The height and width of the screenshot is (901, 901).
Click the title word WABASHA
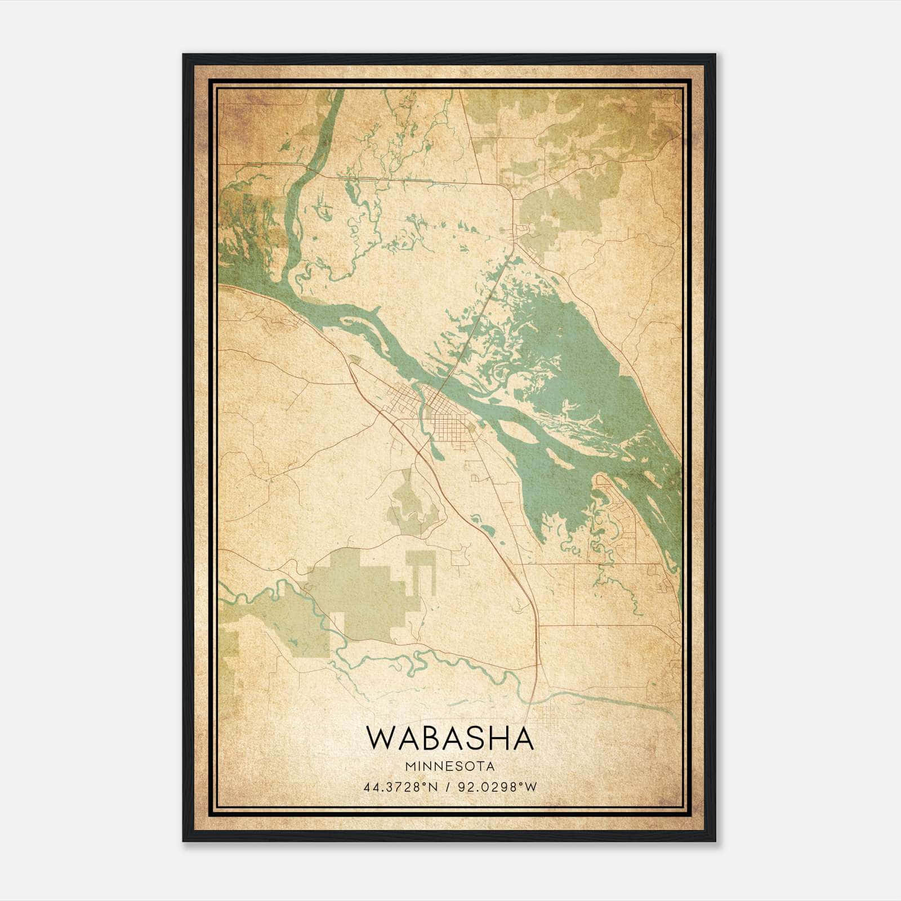(x=449, y=738)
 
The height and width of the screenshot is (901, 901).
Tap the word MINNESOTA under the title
(x=449, y=766)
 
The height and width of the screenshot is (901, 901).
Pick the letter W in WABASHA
(x=381, y=738)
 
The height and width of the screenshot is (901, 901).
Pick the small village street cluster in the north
(x=520, y=231)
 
